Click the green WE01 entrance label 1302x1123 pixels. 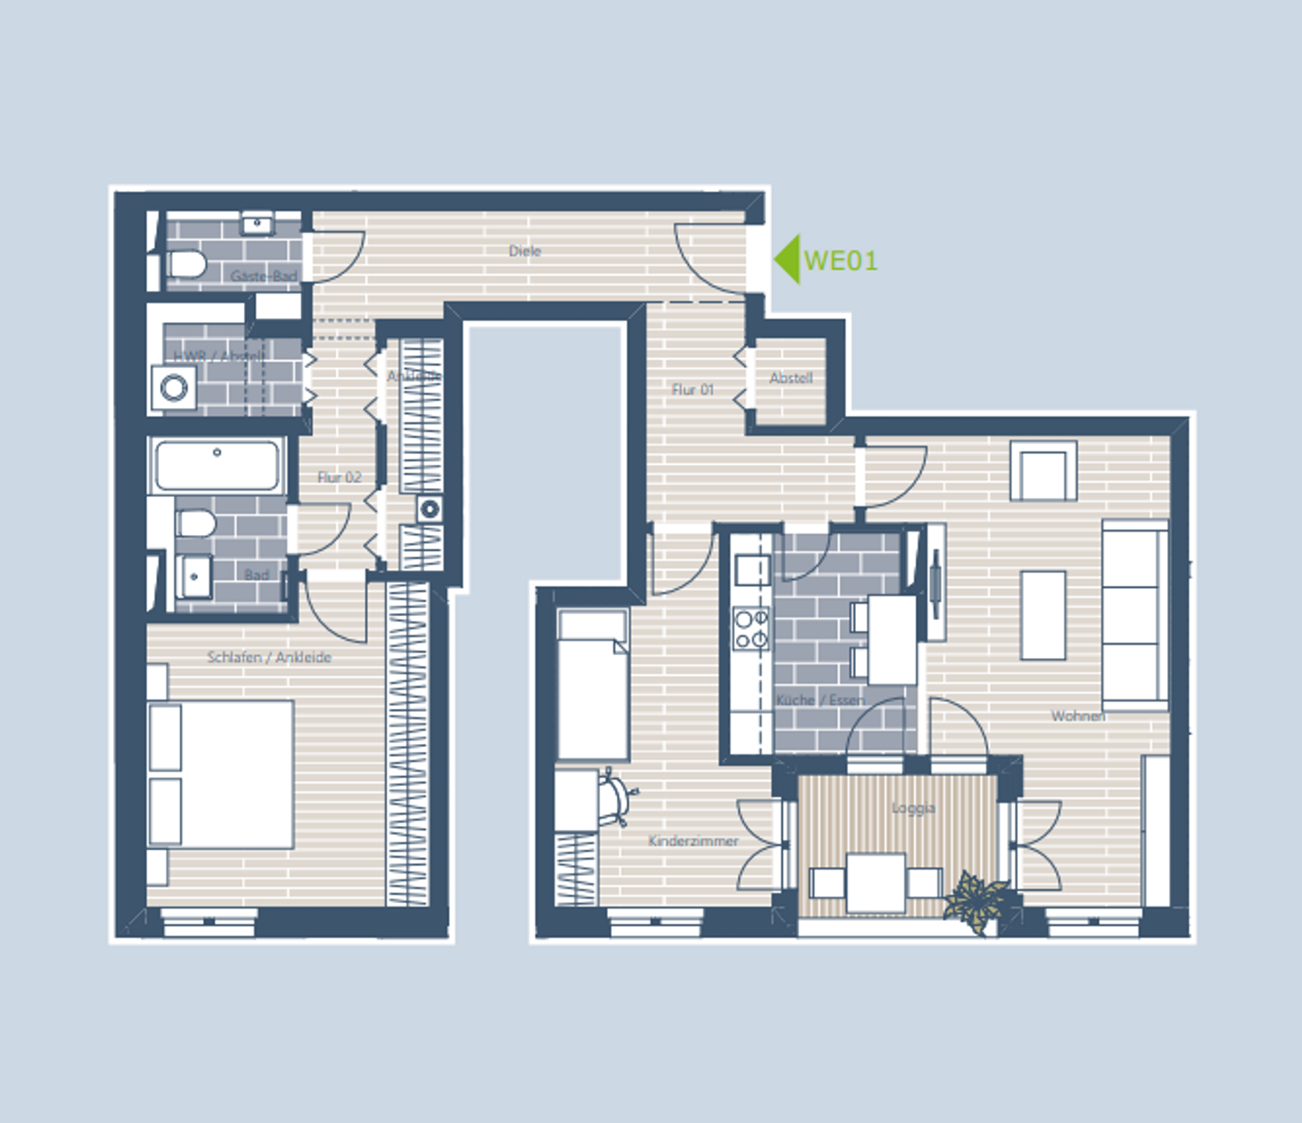(840, 260)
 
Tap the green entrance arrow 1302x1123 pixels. (787, 260)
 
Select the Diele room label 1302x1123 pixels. (525, 251)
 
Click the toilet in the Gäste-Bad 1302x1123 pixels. (186, 264)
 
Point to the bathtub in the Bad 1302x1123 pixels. (218, 465)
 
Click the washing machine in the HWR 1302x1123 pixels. (174, 388)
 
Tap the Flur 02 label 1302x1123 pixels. (339, 477)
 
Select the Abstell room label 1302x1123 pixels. (791, 378)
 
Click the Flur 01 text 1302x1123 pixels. (692, 389)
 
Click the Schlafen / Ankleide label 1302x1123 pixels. (269, 657)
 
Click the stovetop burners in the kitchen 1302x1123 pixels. (751, 629)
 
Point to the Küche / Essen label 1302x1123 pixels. (820, 700)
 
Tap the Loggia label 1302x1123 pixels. (913, 808)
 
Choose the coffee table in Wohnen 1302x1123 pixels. (1043, 615)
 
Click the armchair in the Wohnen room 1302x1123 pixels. (1043, 471)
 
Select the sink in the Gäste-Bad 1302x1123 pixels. (257, 225)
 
